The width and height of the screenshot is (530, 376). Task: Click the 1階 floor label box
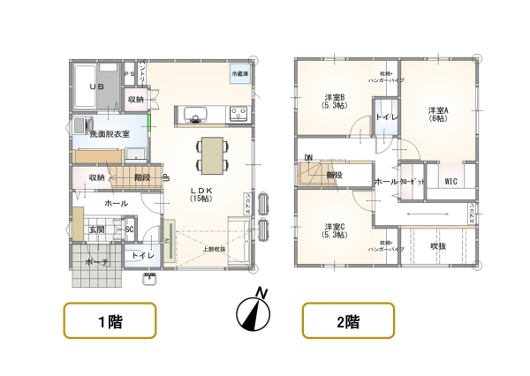(110, 320)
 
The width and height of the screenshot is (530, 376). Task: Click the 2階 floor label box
(349, 320)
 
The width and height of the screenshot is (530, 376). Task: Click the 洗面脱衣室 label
(110, 133)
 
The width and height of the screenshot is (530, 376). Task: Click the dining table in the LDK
(211, 154)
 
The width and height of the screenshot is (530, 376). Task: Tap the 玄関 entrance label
(95, 229)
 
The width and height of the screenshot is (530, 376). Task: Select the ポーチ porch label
(96, 262)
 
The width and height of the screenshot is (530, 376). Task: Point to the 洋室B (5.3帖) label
(334, 102)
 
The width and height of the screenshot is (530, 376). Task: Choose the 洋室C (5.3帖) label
(335, 231)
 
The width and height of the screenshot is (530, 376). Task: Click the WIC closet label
(450, 182)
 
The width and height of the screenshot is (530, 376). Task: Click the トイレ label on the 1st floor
(142, 256)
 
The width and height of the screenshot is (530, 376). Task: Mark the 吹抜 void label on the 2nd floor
(437, 246)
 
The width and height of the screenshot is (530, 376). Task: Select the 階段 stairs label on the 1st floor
(142, 177)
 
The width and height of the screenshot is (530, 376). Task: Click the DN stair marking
(308, 159)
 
